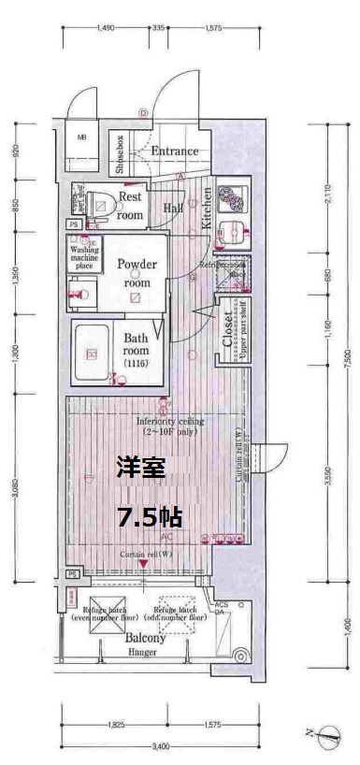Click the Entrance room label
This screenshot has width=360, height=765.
(175, 151)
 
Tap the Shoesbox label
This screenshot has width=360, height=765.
(121, 155)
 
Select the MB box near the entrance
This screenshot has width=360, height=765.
(82, 138)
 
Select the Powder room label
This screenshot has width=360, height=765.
(137, 272)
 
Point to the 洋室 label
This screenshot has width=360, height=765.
(140, 467)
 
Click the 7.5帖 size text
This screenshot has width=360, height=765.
(149, 516)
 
